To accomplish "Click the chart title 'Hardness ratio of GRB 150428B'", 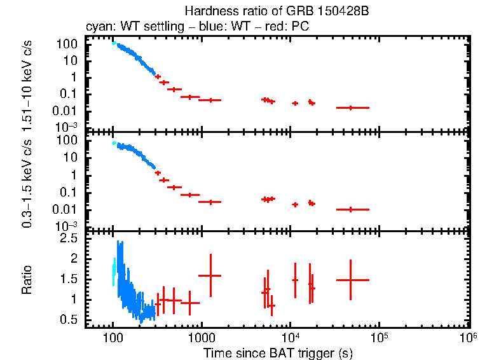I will (x=277, y=11).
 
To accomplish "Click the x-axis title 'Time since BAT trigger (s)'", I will (x=278, y=352).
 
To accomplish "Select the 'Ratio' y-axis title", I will (x=27, y=280).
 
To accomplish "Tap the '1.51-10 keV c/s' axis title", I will (x=27, y=83).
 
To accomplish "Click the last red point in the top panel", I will (x=350, y=107).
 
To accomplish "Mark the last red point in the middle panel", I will (x=350, y=209).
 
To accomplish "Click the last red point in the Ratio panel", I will (x=350, y=280).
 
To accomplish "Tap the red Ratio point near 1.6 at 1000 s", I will (x=210, y=275).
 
